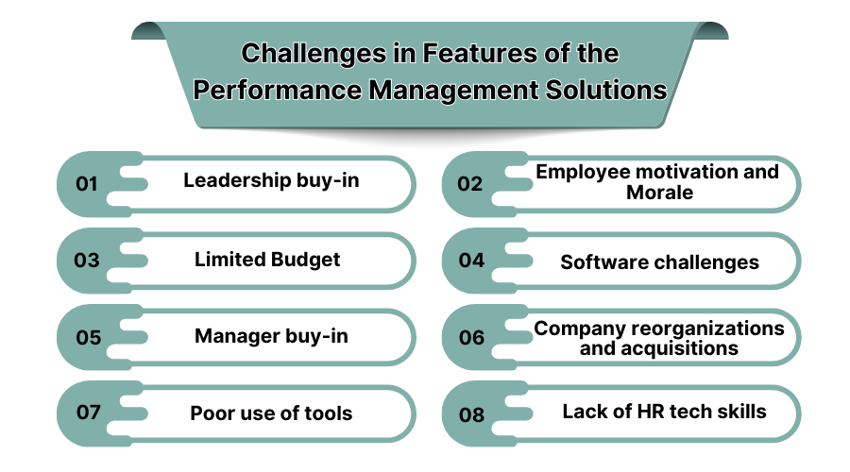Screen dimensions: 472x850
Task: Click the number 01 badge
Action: (x=87, y=183)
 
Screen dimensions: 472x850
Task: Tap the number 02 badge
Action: (x=470, y=183)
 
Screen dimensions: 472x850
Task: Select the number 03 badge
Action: (x=87, y=260)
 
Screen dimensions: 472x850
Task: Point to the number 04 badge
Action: (x=471, y=260)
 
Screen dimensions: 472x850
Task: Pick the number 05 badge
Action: (x=88, y=337)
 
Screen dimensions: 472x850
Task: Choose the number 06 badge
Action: (x=471, y=337)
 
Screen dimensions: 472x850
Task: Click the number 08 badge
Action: (x=471, y=413)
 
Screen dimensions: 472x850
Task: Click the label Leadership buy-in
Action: (x=271, y=179)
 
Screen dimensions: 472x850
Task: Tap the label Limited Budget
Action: (x=267, y=259)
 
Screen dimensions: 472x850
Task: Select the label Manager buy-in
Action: (x=271, y=335)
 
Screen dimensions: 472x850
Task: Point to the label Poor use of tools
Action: (x=271, y=413)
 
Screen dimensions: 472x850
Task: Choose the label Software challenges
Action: (x=659, y=261)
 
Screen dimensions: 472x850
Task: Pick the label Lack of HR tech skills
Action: (x=664, y=412)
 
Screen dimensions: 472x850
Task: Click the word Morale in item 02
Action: (x=659, y=193)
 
